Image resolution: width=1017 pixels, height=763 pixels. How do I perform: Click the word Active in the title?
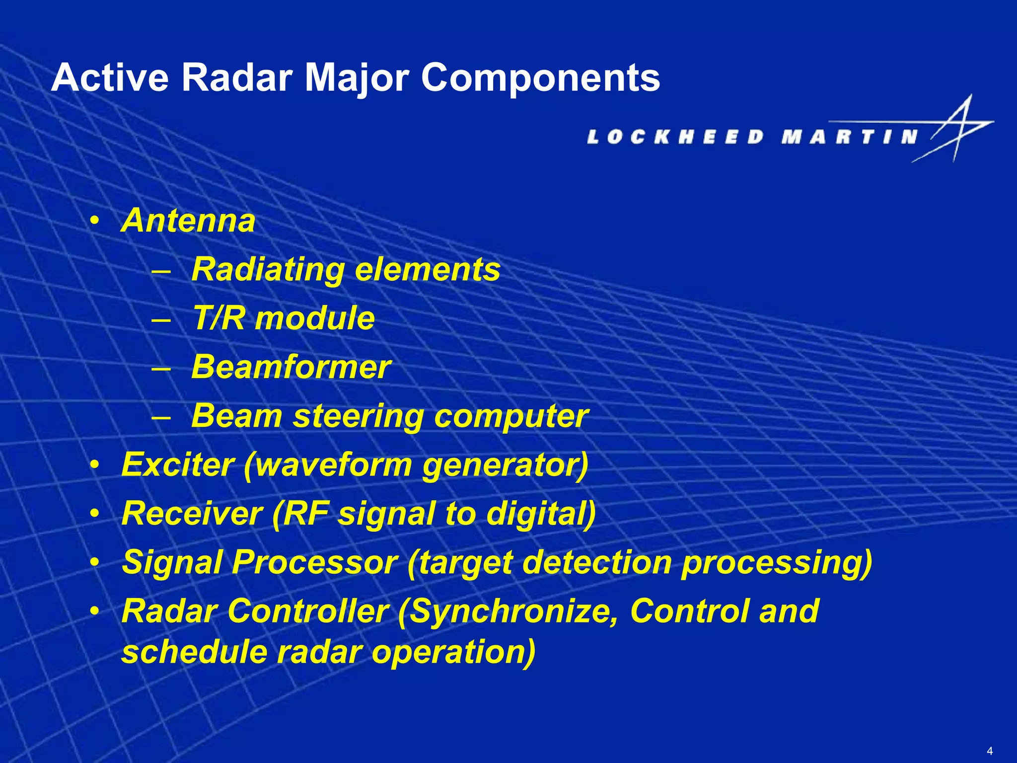(x=110, y=78)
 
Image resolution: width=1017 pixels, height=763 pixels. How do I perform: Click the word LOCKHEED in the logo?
(x=675, y=137)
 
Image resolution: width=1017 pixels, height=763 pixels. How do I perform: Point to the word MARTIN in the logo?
(x=849, y=137)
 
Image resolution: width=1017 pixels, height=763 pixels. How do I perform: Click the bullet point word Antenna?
(x=188, y=221)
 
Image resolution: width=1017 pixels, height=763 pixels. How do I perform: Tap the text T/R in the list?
(x=218, y=318)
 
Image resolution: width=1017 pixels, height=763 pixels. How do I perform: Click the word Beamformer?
(x=291, y=367)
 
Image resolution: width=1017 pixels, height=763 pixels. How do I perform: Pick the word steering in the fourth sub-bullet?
(x=358, y=416)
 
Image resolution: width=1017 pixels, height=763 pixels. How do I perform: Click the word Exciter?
(x=177, y=465)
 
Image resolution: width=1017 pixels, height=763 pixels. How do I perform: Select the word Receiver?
(x=192, y=514)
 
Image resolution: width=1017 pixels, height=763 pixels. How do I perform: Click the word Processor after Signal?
(x=314, y=562)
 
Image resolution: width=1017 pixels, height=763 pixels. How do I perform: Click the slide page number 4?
(x=990, y=751)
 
